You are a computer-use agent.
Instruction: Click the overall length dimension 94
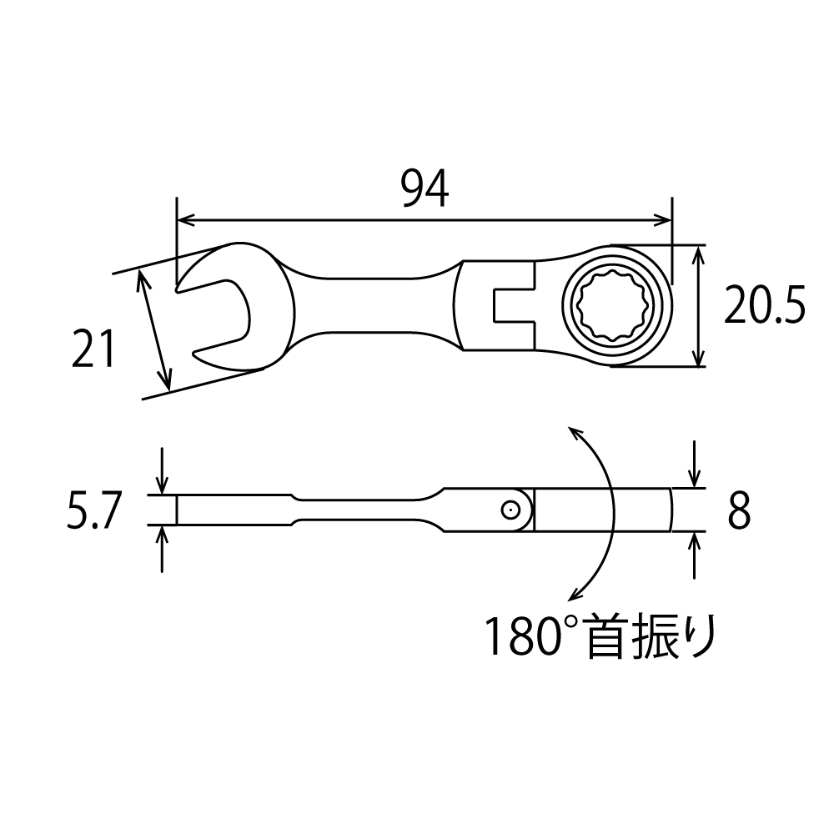[425, 189]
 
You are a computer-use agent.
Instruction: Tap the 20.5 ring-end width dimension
[765, 304]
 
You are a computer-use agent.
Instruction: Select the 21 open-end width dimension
[93, 349]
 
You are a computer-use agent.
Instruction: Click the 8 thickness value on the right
[739, 510]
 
